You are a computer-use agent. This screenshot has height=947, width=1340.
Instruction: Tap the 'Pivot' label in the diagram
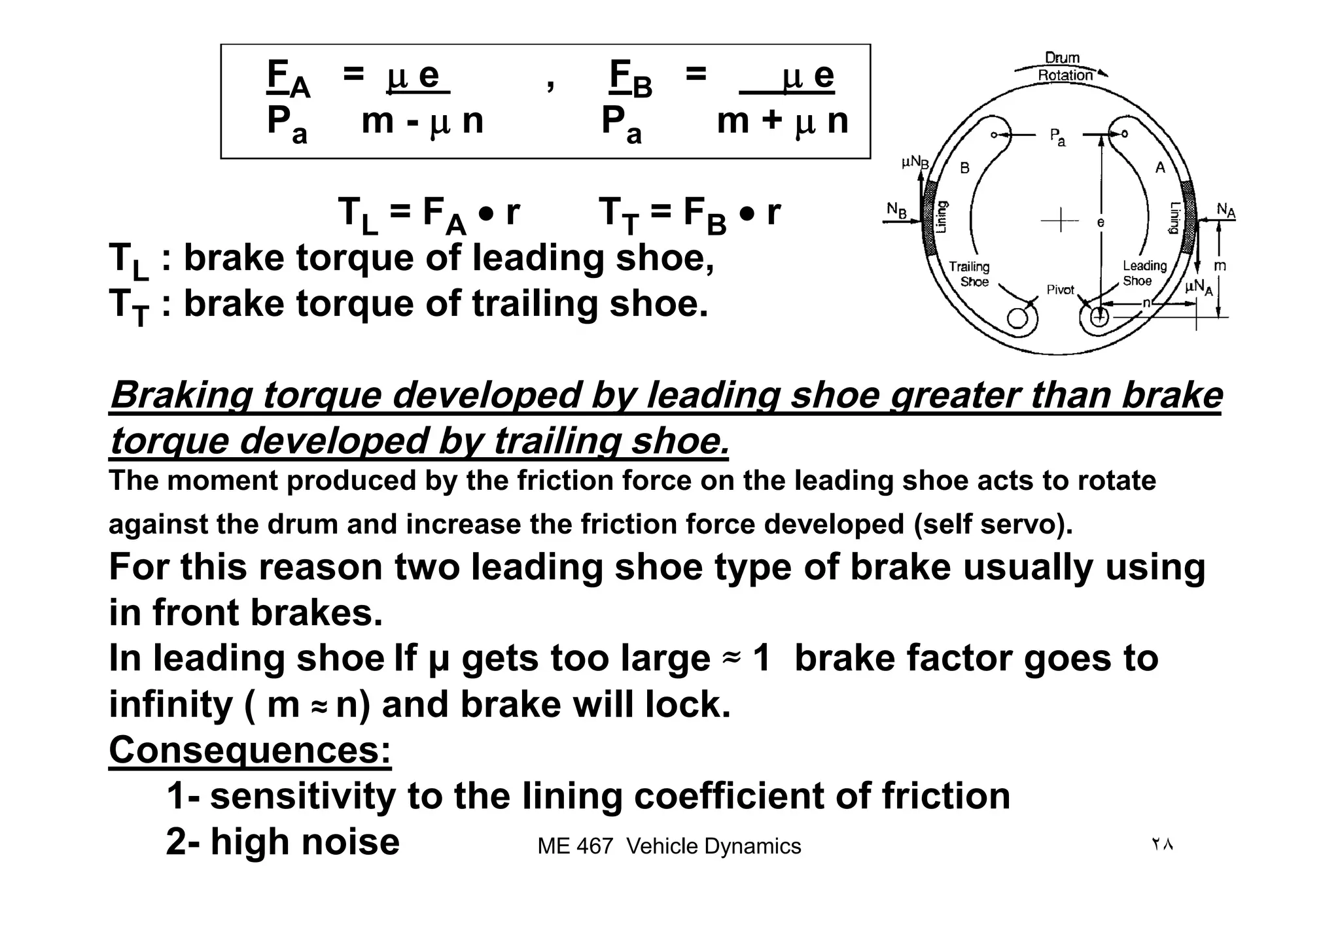[x=1060, y=290]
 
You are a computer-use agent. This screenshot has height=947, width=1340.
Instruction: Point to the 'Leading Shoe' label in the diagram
[x=1144, y=273]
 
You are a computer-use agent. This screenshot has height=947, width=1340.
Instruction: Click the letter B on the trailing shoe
[x=964, y=169]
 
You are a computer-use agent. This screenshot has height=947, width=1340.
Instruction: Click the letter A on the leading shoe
[x=1160, y=168]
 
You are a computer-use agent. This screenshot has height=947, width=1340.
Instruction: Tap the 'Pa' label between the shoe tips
[x=1057, y=137]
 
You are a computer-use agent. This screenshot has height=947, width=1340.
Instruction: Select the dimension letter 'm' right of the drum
[x=1220, y=266]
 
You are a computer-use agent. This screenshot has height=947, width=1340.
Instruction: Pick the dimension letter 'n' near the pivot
[x=1146, y=303]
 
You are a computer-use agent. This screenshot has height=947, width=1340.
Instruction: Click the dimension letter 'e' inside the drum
[x=1101, y=223]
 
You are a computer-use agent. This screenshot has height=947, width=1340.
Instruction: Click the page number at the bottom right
[x=1162, y=844]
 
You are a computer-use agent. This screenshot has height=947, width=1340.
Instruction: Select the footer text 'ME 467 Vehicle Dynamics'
[x=669, y=846]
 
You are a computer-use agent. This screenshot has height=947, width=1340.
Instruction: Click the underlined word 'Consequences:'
[x=250, y=749]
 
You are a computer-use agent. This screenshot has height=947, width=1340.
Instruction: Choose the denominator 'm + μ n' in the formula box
[x=783, y=122]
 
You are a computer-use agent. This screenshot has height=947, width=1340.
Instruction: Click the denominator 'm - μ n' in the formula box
[x=422, y=122]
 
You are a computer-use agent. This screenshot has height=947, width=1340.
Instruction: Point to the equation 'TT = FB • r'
[x=690, y=213]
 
